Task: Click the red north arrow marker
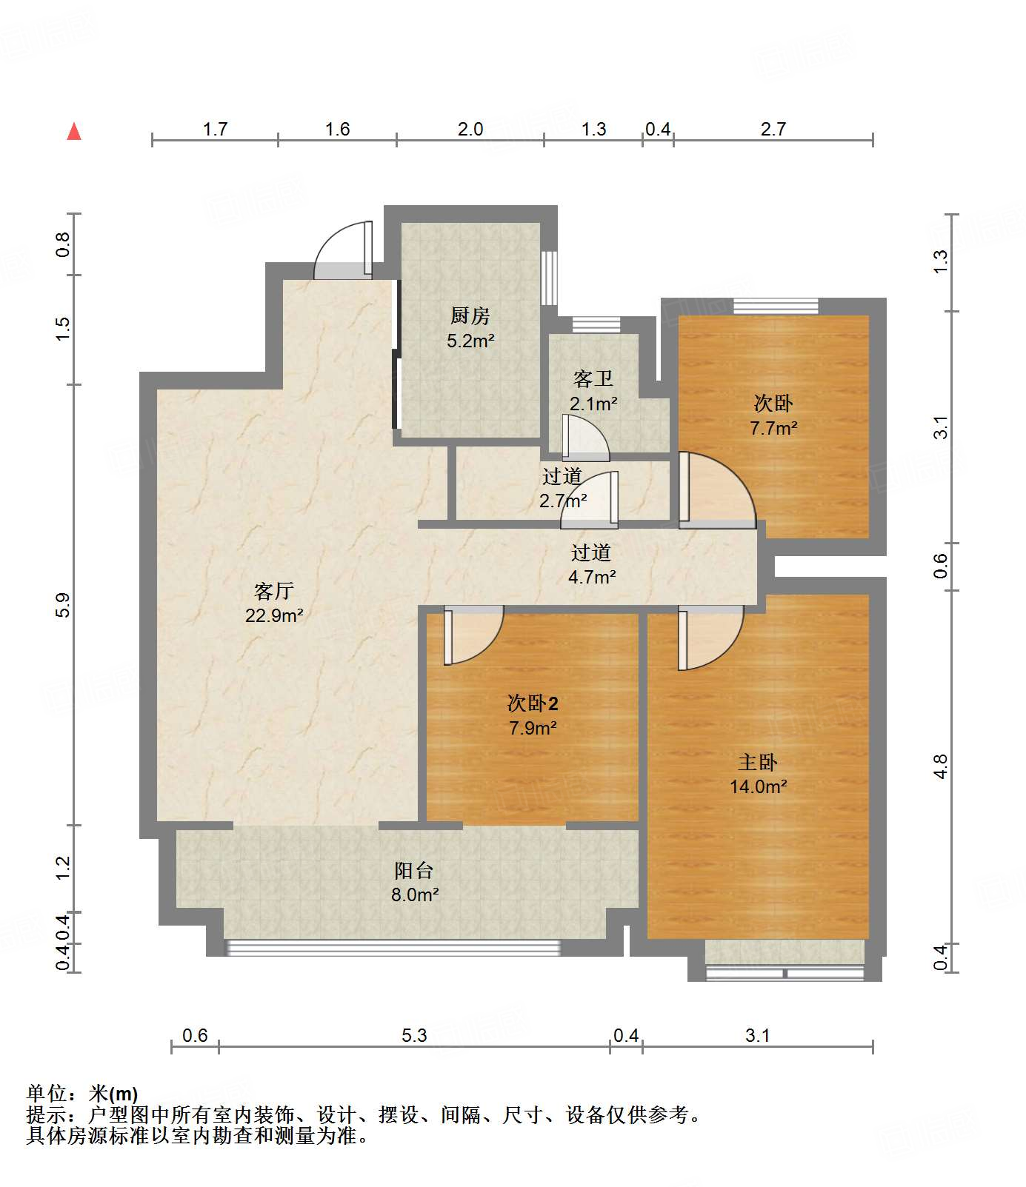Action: (x=74, y=132)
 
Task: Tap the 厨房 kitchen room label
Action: (x=470, y=316)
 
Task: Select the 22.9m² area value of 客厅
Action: (x=274, y=615)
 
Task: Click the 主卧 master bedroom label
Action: (x=758, y=762)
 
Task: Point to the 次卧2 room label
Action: (x=533, y=703)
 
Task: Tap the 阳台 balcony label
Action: (x=413, y=870)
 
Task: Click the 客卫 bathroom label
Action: (x=593, y=379)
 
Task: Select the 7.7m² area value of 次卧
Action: (x=773, y=428)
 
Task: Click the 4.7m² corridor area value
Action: (x=591, y=577)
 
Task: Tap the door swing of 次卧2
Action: (x=473, y=635)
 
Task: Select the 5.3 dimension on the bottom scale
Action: (x=414, y=1035)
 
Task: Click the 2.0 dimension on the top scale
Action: (x=470, y=130)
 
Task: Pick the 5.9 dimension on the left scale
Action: (x=64, y=605)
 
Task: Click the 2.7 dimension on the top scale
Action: (x=773, y=130)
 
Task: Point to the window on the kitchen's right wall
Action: (x=549, y=278)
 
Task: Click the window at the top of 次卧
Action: (x=776, y=306)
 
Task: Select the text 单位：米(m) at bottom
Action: (x=82, y=1094)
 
